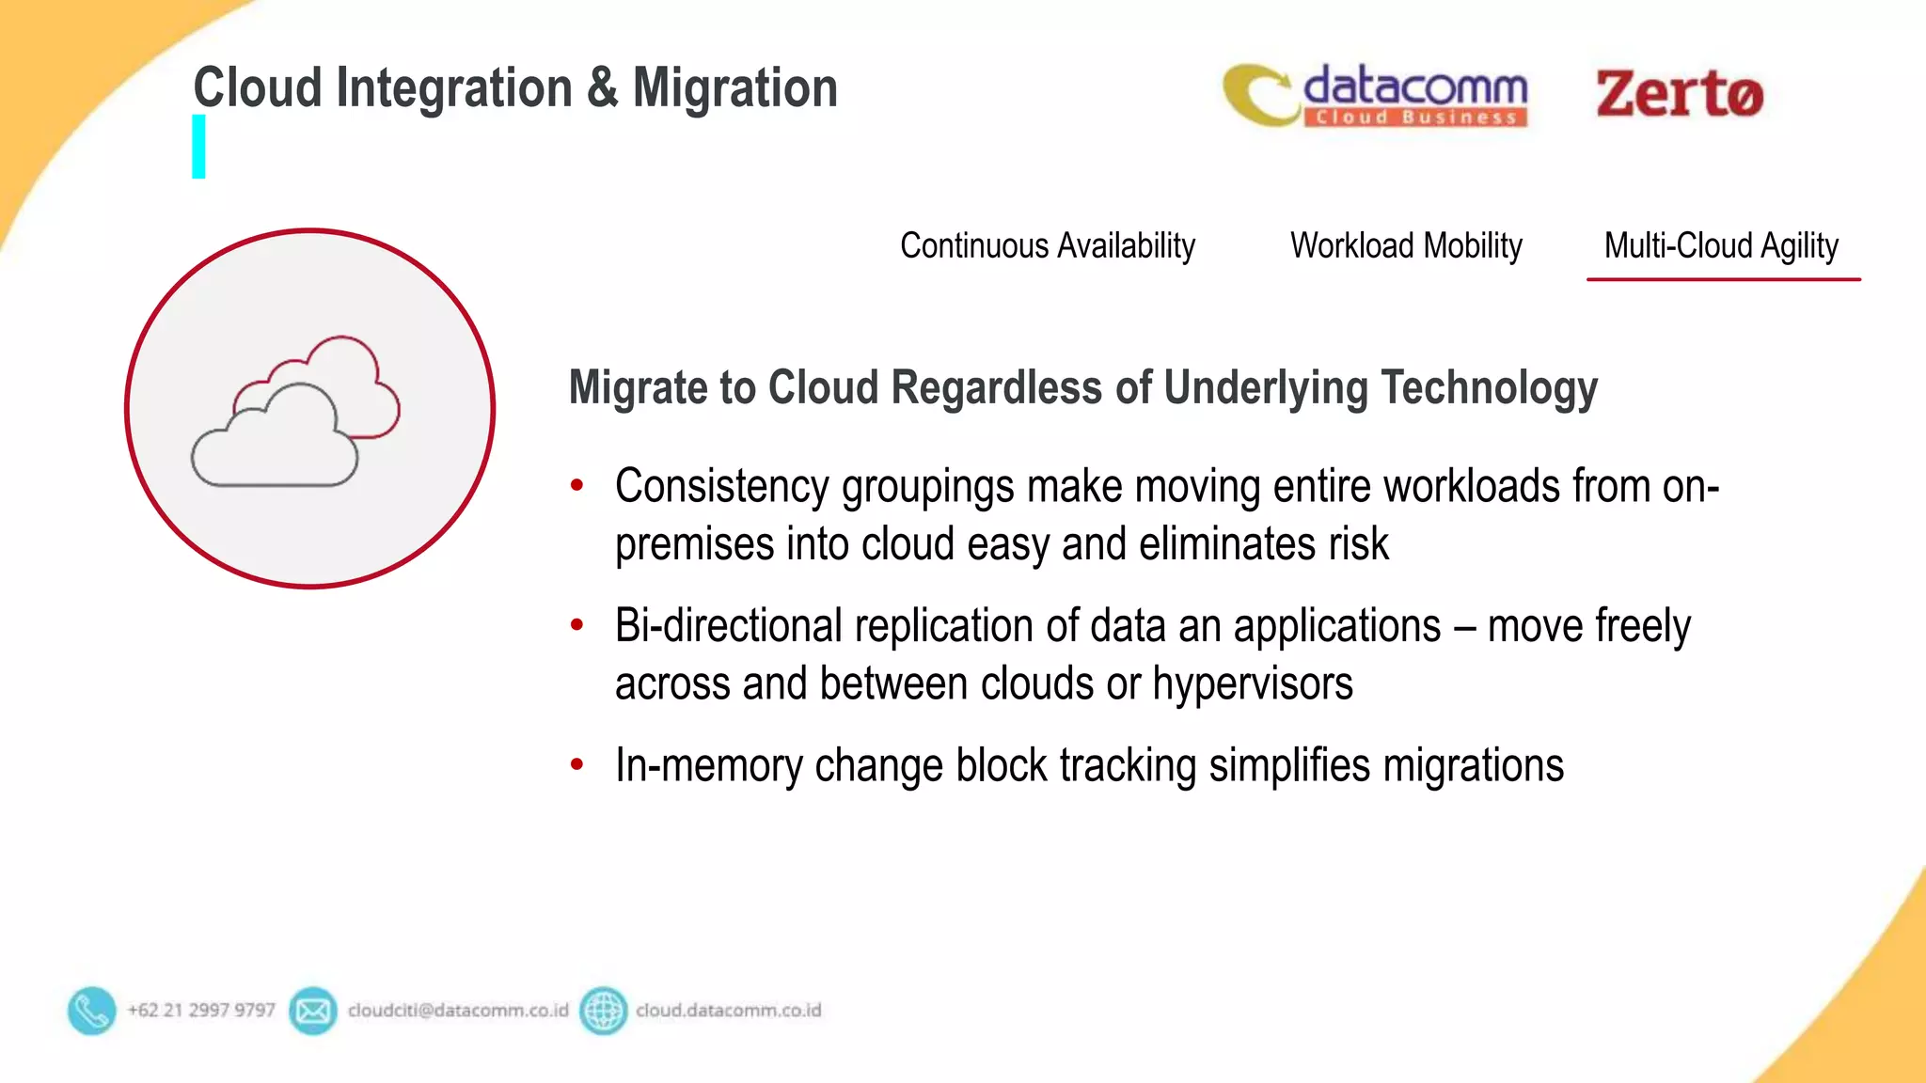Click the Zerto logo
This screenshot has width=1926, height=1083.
[x=1679, y=94]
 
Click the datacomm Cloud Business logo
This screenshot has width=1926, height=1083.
[x=1376, y=95]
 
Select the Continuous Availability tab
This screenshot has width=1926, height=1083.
[x=1047, y=246]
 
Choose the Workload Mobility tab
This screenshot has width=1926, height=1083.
[x=1406, y=246]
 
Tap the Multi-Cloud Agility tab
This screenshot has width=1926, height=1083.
[x=1721, y=246]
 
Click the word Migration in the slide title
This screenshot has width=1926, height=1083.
[x=734, y=88]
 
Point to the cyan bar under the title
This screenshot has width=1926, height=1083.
[x=198, y=147]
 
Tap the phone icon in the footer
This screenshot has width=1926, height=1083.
[x=91, y=1011]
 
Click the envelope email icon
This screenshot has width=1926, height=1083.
[x=312, y=1011]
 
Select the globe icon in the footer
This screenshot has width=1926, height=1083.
[x=603, y=1011]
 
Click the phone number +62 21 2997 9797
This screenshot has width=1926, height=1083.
[x=201, y=1011]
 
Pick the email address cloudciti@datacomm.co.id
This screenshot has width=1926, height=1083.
[x=458, y=1011]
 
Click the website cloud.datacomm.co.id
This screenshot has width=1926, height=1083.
[x=728, y=1011]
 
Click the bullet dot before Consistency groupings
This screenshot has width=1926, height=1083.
[x=577, y=486]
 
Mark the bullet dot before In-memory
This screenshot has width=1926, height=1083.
[x=577, y=764]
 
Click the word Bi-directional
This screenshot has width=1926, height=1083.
[x=729, y=626]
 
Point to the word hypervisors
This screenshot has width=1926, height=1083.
[x=1253, y=684]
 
